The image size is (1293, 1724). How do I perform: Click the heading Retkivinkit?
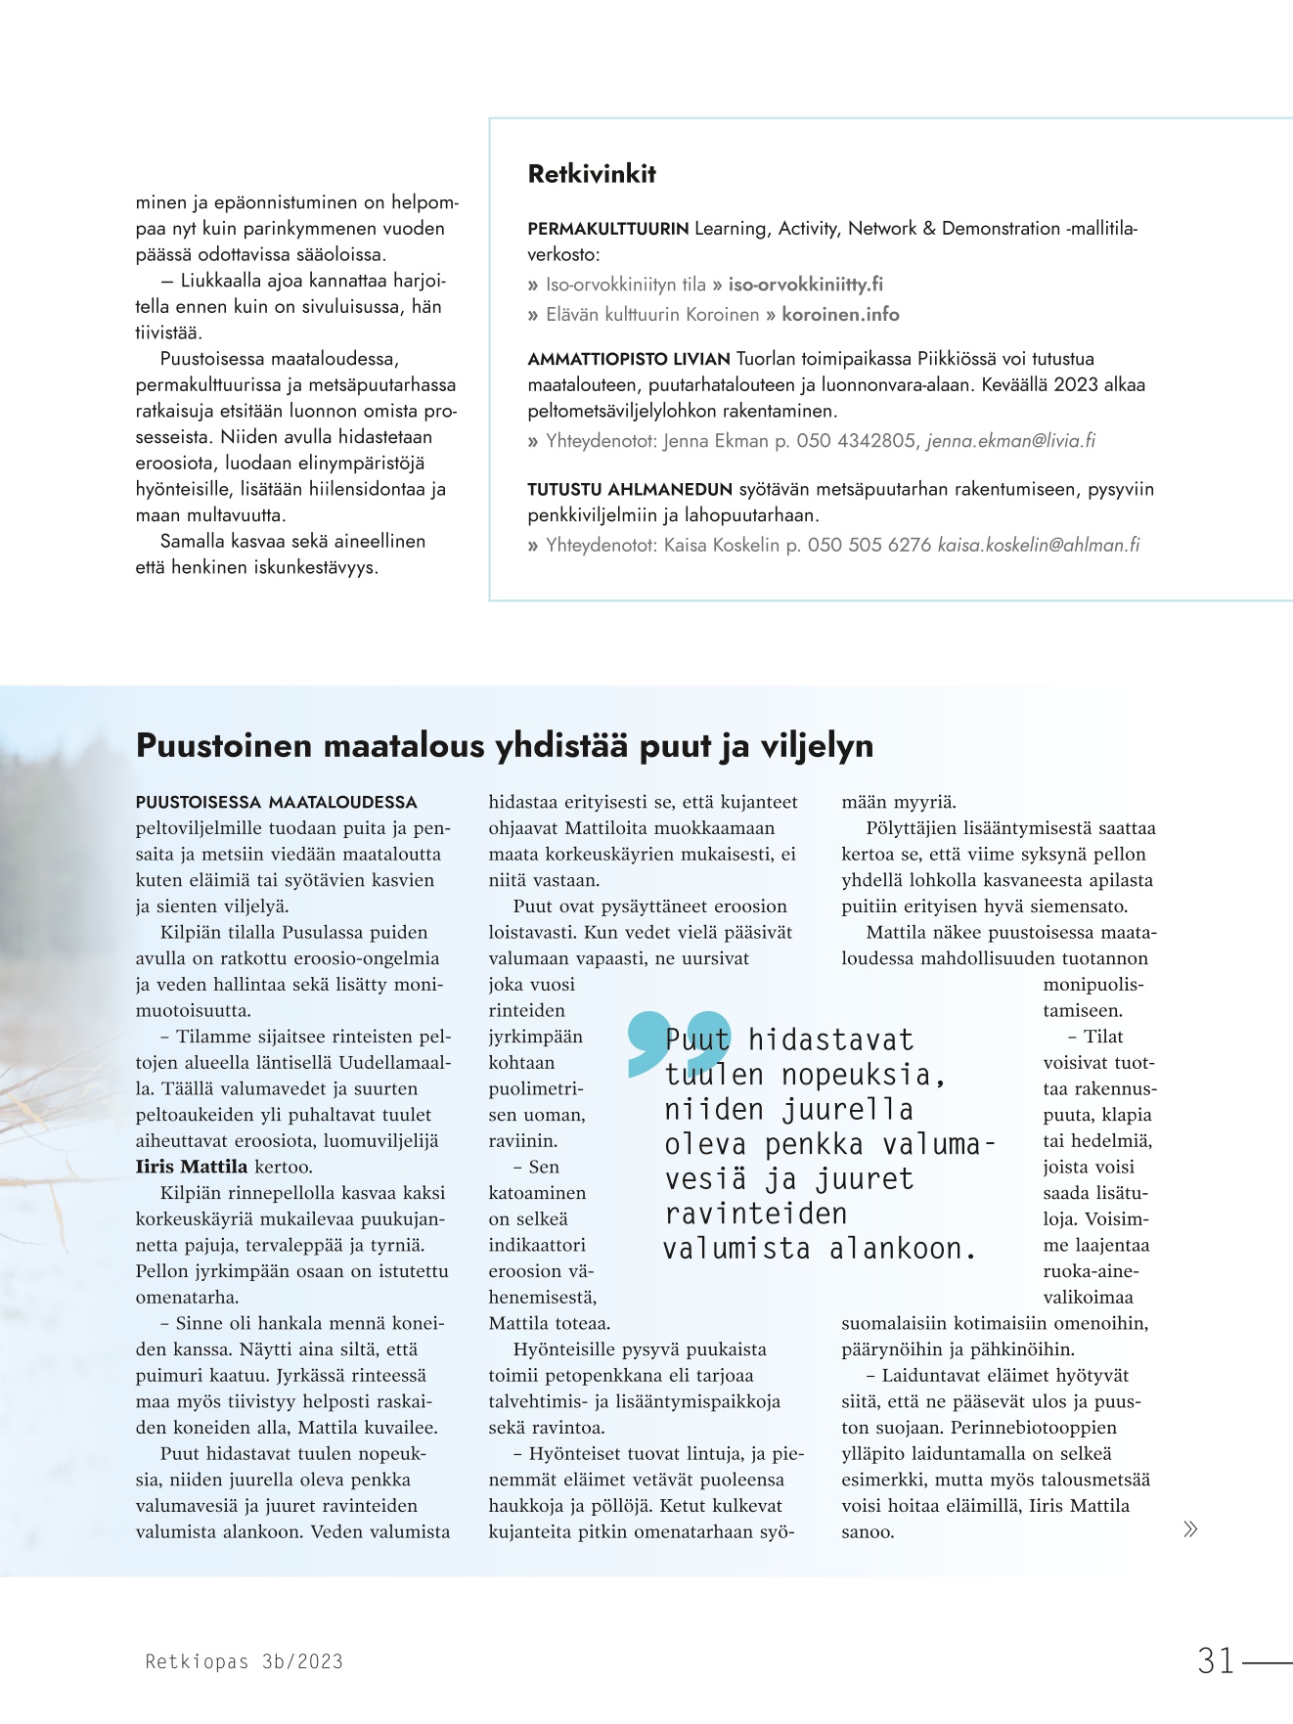592,174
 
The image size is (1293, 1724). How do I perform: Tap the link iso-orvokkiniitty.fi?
805,285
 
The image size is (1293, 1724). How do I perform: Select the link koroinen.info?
840,314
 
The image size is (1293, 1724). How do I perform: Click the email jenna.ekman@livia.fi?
1010,441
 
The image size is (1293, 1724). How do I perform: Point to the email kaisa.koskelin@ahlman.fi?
1039,545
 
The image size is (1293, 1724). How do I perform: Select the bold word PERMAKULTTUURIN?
608,229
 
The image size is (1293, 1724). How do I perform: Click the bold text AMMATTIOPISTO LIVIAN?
629,359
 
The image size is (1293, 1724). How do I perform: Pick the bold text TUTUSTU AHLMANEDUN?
630,489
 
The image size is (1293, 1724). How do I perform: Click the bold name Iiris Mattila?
191,1167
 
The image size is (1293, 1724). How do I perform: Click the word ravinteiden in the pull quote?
756,1214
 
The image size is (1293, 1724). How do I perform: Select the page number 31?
1216,1660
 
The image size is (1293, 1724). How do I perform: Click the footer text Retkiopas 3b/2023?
244,1660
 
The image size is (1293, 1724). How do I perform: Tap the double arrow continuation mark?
1189,1529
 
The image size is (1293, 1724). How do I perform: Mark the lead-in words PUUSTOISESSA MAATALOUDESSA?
276,802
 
